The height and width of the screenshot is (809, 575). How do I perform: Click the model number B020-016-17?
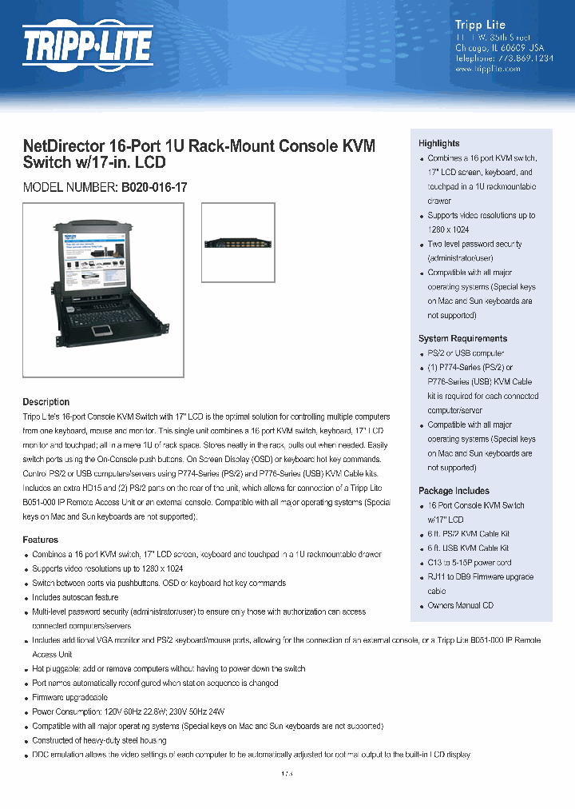154,186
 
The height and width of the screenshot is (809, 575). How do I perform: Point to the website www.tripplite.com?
487,69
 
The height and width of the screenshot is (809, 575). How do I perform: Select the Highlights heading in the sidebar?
439,143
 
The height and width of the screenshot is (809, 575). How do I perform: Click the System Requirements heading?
462,338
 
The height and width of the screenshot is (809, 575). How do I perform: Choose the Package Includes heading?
454,490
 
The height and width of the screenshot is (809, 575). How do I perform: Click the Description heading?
46,401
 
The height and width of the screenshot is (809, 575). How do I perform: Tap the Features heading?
40,540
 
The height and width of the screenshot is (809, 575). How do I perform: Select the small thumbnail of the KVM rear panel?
237,243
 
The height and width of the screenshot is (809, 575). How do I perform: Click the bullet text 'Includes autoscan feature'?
75,597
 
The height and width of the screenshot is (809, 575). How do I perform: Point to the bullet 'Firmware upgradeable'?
69,697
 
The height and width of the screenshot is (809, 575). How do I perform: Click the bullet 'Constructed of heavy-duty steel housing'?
99,740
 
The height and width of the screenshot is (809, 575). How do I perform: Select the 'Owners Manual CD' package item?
460,605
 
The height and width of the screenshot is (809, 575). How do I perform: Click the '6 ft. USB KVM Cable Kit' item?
468,548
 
